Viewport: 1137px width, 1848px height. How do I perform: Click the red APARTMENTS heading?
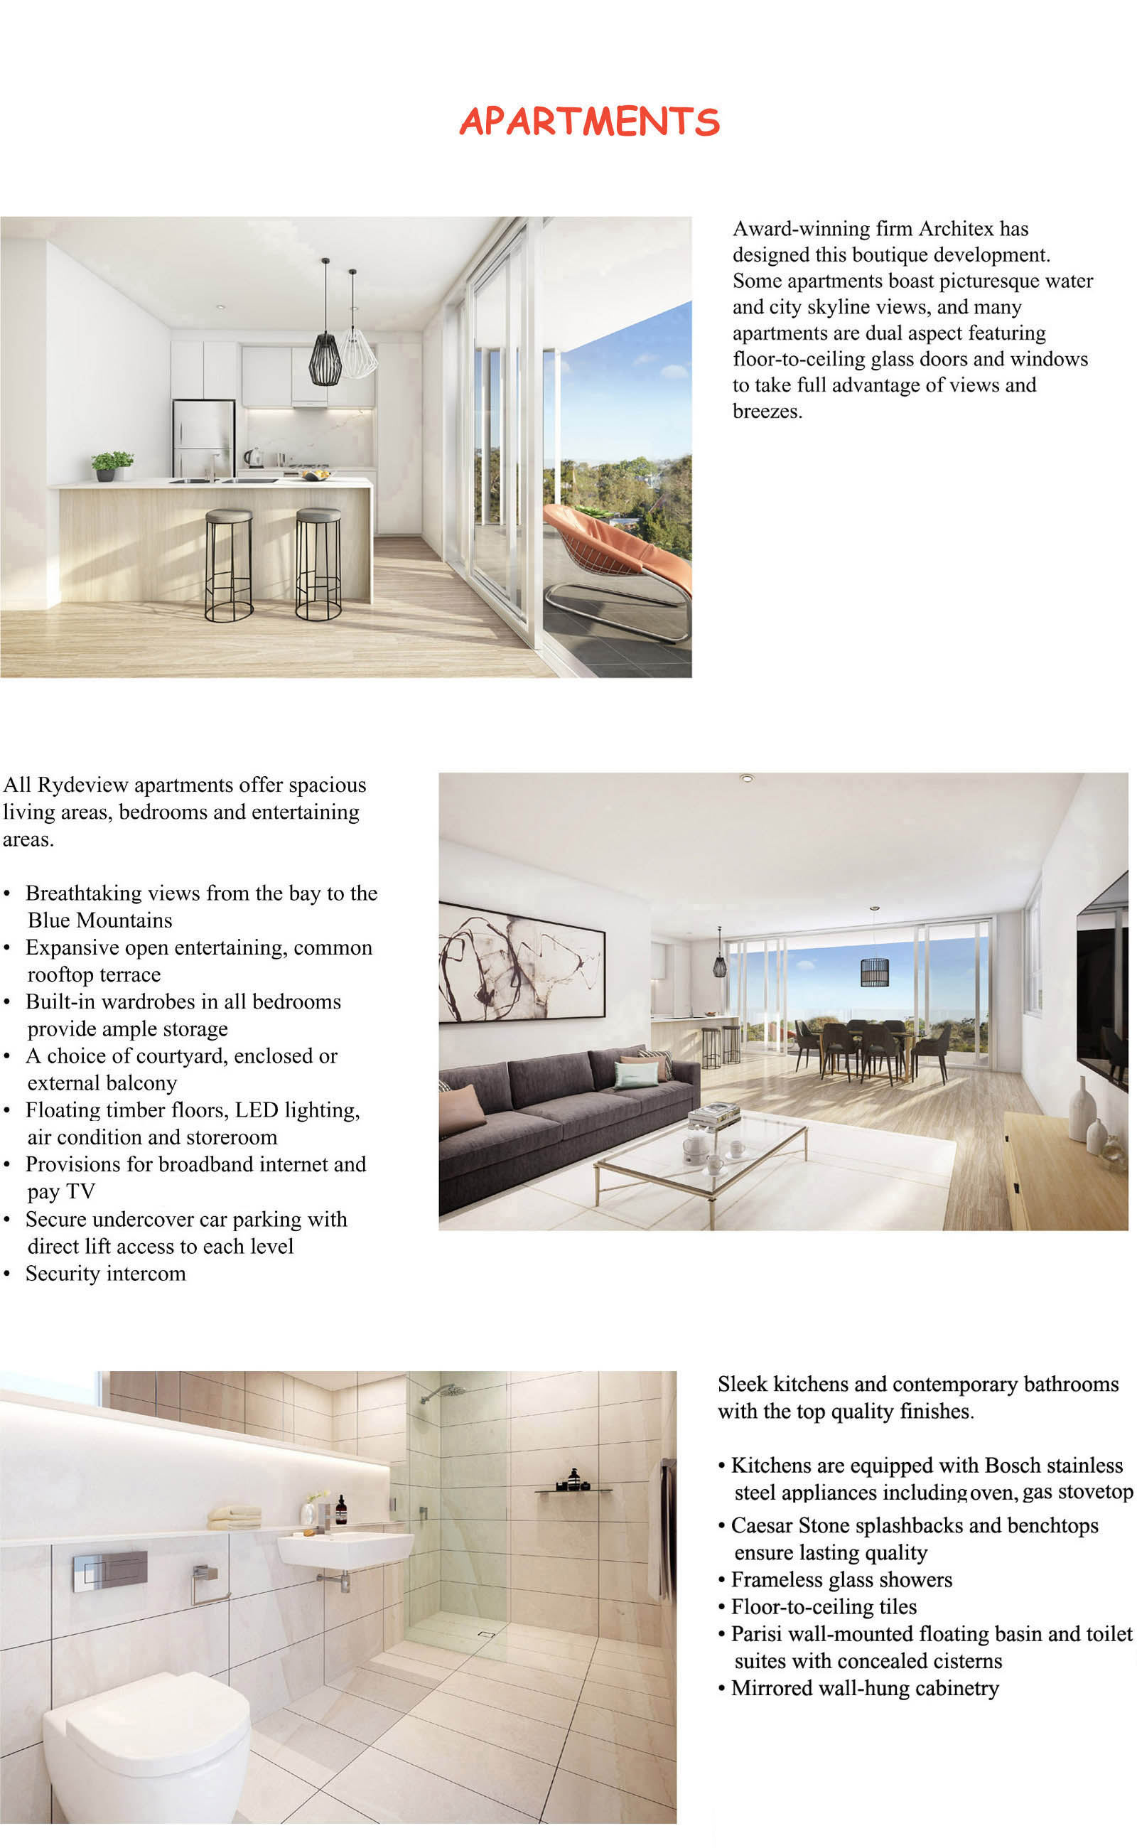click(589, 122)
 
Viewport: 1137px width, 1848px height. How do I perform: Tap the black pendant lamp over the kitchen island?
click(325, 360)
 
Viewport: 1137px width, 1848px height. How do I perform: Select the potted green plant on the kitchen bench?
click(112, 465)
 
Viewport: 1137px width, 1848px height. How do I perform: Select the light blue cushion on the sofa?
click(636, 1075)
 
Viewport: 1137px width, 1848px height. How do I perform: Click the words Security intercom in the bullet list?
click(105, 1274)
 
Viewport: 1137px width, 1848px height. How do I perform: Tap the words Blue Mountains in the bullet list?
click(100, 920)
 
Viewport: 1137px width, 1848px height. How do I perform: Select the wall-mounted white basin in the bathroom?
click(345, 1549)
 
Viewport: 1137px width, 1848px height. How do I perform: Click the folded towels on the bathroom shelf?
click(234, 1517)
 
